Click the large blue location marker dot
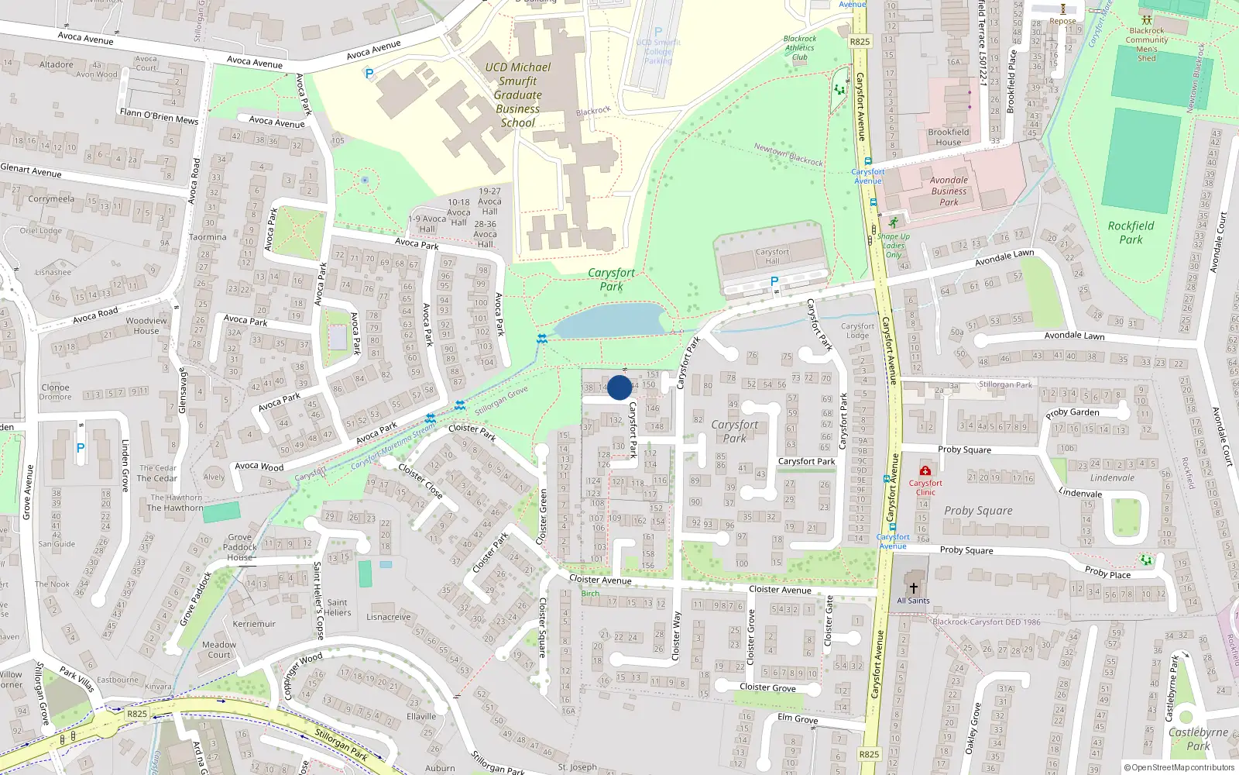point(619,387)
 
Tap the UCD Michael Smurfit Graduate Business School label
point(517,95)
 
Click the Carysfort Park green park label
point(611,279)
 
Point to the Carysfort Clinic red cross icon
point(925,470)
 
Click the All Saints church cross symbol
point(913,587)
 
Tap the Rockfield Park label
point(1131,232)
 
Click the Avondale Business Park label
point(949,191)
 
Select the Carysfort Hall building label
point(772,257)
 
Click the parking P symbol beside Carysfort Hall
point(774,282)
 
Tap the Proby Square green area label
point(978,511)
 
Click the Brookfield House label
point(948,137)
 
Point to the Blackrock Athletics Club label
point(799,47)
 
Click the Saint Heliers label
point(338,607)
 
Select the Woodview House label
point(146,325)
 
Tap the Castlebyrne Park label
point(1198,739)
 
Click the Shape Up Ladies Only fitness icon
point(894,223)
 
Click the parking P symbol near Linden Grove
point(81,448)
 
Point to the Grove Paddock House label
point(239,546)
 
